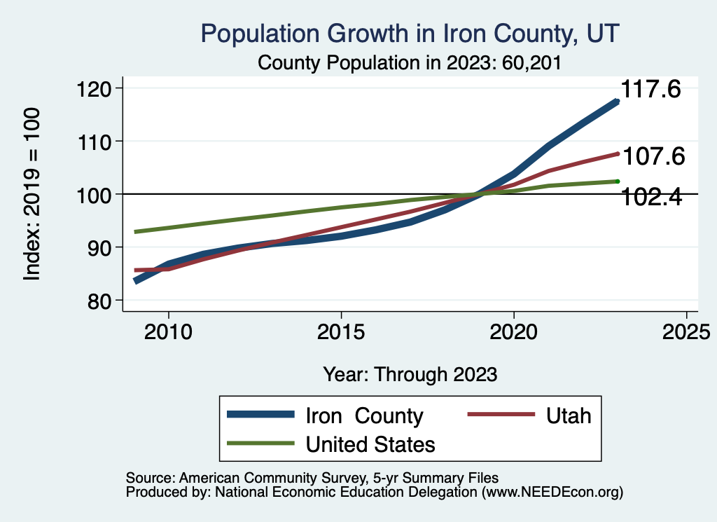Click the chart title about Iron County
coord(410,33)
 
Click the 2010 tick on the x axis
coord(168,331)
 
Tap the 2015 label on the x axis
coord(341,331)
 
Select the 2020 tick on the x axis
coord(514,331)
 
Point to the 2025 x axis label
coord(687,331)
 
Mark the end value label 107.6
coord(653,156)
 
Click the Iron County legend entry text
coord(364,415)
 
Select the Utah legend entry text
coord(568,415)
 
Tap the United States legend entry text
coord(370,444)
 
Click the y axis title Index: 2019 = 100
coord(32,194)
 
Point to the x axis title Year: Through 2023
coord(410,374)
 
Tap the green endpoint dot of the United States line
coord(618,181)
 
